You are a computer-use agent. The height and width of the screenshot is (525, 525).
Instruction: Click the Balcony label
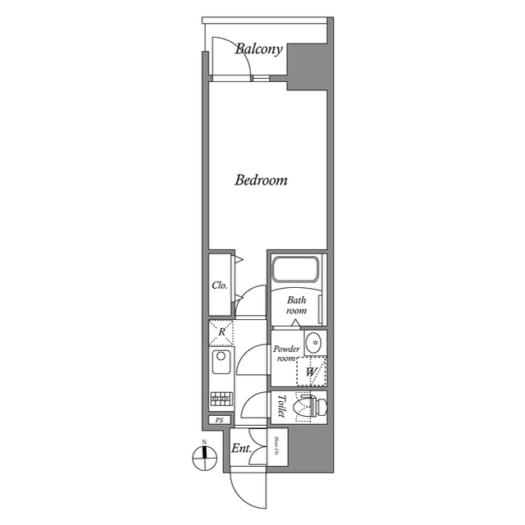(x=258, y=49)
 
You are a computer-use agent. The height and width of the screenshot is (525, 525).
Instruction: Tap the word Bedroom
(x=261, y=180)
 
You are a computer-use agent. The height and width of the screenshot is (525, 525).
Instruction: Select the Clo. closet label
(x=219, y=286)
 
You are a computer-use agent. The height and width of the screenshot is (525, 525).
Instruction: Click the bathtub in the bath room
(x=294, y=270)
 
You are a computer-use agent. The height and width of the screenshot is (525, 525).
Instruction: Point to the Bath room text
(x=296, y=306)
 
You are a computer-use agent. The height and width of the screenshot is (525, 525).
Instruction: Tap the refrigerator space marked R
(x=221, y=331)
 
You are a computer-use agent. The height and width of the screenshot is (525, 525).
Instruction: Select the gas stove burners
(x=221, y=399)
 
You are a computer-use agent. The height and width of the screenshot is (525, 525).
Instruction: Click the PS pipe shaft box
(x=218, y=420)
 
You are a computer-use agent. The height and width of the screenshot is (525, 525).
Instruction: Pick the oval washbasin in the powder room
(x=313, y=342)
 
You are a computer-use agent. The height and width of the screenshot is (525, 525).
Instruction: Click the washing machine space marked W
(x=311, y=372)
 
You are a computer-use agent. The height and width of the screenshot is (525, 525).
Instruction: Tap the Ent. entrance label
(x=240, y=449)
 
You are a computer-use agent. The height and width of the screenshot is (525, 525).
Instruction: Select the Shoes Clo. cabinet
(x=278, y=449)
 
